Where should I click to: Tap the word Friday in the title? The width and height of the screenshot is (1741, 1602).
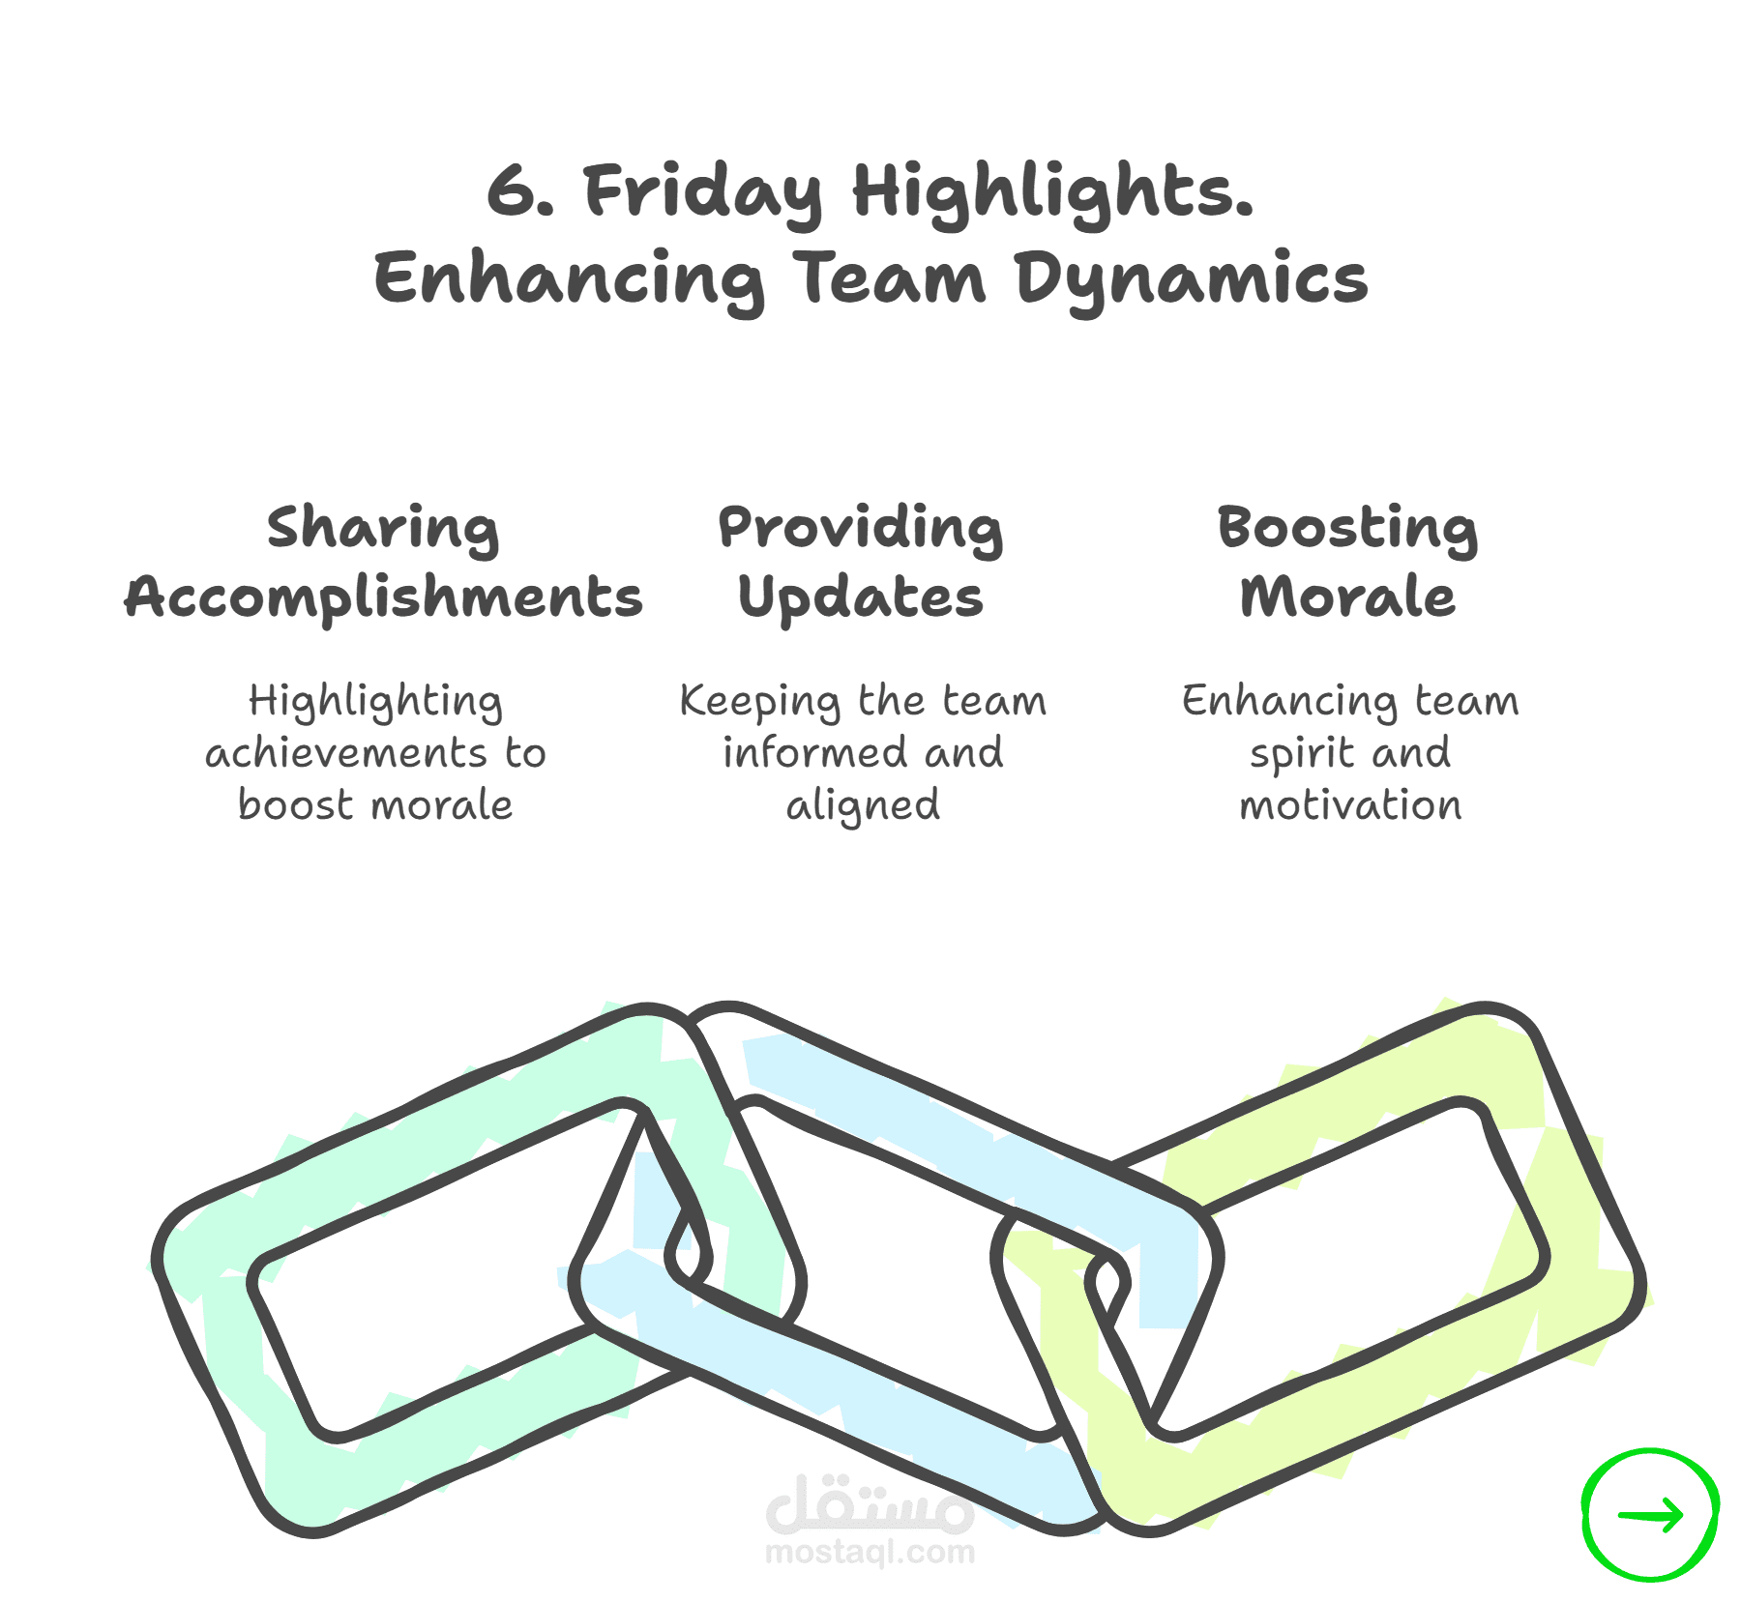[703, 193]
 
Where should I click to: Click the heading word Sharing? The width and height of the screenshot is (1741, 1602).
[383, 530]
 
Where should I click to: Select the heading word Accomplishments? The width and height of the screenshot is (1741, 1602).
[383, 597]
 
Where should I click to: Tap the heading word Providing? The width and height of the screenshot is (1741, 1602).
[861, 530]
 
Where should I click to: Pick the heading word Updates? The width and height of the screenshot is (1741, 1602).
[861, 597]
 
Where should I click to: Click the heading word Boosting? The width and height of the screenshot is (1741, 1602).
[1347, 530]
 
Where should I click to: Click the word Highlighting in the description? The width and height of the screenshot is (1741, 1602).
[375, 702]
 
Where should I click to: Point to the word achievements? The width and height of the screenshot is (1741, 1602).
[346, 752]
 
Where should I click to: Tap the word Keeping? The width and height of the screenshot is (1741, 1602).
[760, 702]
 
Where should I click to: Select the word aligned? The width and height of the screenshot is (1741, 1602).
[863, 806]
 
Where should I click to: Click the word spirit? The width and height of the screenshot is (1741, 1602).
[1301, 754]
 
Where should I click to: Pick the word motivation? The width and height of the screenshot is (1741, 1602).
[1350, 804]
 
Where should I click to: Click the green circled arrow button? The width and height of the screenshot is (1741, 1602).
[1650, 1515]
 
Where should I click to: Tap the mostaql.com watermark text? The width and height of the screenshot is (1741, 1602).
[870, 1553]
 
